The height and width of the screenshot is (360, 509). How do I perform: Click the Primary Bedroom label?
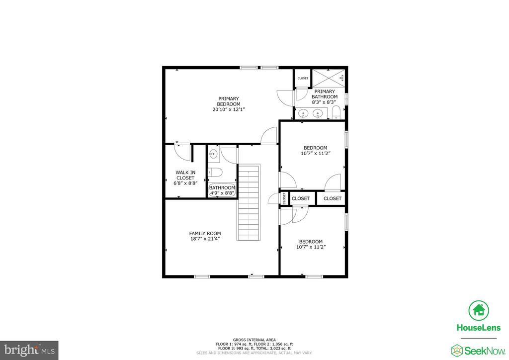[x=229, y=101]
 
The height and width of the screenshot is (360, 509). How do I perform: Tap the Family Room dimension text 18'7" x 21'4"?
[x=205, y=239]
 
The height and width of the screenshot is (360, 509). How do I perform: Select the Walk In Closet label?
[x=185, y=175]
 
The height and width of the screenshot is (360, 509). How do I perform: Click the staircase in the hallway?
[x=249, y=202]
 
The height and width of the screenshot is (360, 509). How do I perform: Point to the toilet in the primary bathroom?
[x=336, y=112]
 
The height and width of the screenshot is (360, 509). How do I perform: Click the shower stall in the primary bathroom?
[x=329, y=78]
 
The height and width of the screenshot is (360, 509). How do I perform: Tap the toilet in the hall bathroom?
[x=215, y=172]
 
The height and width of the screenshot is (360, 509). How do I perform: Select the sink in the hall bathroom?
[x=213, y=154]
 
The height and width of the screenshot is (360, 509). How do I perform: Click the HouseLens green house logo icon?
[x=479, y=310]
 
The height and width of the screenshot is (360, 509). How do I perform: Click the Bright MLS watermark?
[x=29, y=350]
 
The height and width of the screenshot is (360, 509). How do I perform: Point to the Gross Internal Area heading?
[x=254, y=340]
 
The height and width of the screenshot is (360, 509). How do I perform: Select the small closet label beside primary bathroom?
[x=303, y=78]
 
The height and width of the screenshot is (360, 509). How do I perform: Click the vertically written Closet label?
[x=284, y=198]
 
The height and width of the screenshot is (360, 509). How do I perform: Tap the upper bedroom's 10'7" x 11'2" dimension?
[x=316, y=154]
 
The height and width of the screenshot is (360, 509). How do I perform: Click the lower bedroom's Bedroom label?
[x=311, y=242]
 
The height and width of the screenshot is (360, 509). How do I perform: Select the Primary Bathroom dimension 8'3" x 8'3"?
[x=325, y=102]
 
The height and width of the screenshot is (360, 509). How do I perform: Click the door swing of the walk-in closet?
[x=182, y=152]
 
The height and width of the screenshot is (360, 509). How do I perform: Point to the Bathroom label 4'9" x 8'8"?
[x=222, y=190]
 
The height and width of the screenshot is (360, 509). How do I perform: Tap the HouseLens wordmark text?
[x=479, y=328]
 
